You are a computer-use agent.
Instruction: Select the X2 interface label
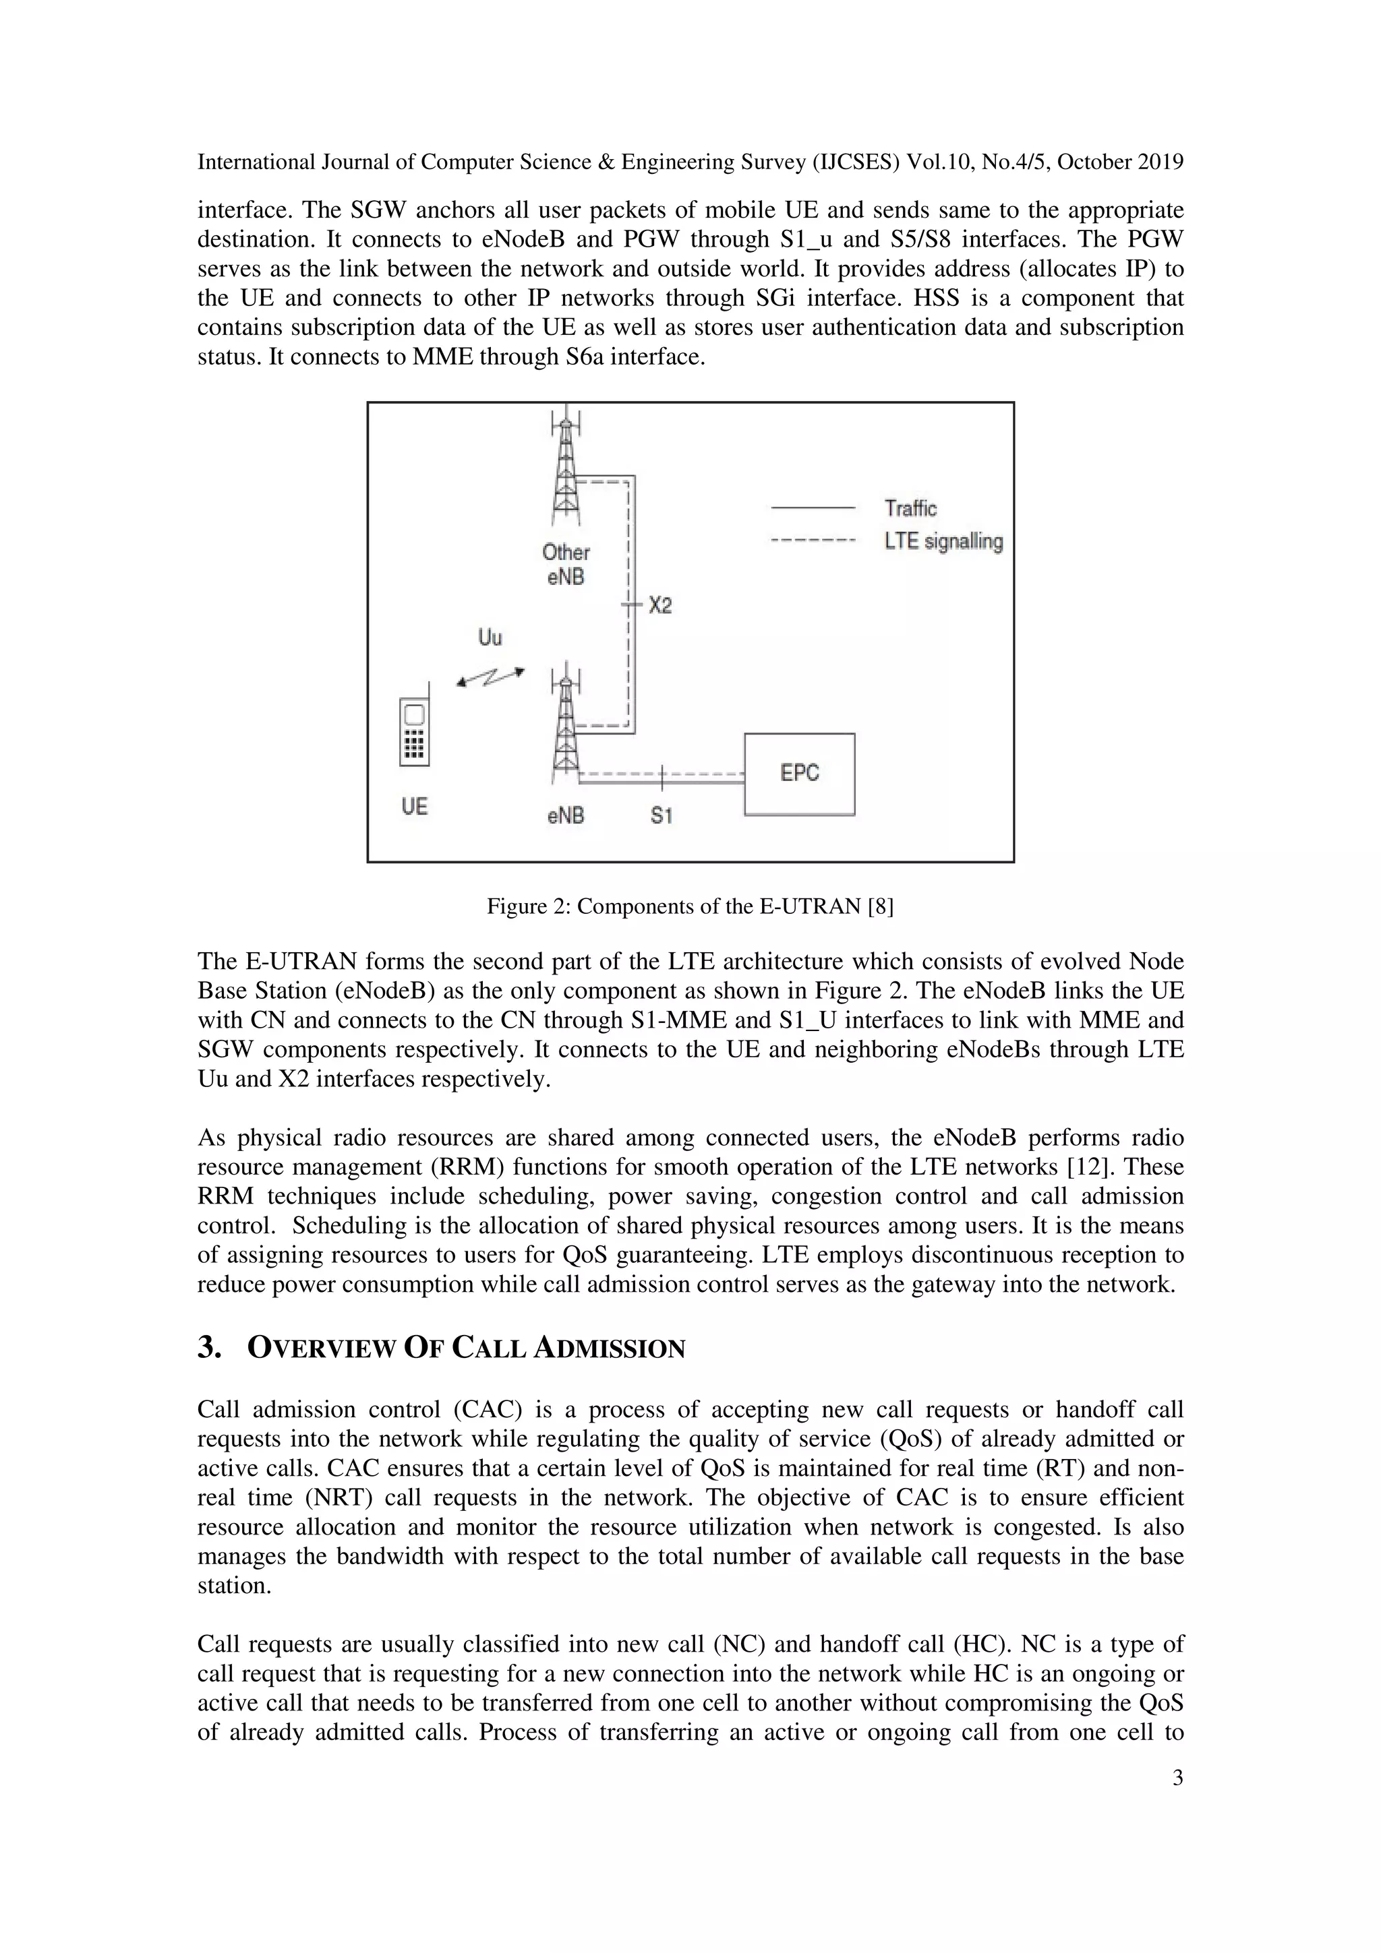660,606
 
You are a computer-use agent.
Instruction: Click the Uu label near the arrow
490,637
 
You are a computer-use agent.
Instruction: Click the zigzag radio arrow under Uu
490,677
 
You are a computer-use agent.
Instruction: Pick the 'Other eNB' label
566,564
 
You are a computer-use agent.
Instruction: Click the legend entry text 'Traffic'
910,509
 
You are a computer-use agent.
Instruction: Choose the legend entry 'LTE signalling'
943,542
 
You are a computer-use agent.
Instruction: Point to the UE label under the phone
415,807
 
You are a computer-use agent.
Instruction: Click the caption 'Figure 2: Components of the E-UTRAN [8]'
689,907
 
